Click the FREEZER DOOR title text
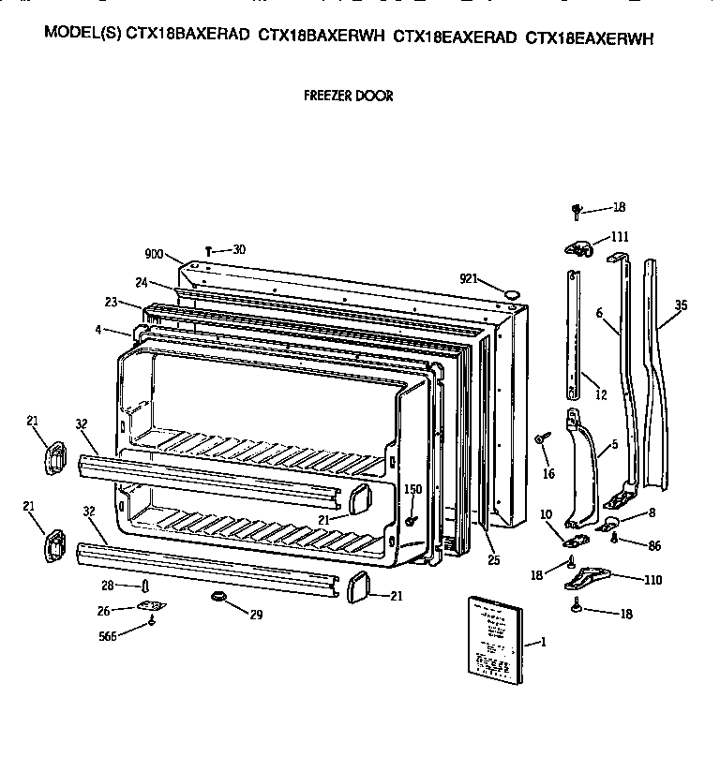(x=349, y=96)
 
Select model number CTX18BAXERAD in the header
(x=188, y=38)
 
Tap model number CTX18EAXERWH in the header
(x=590, y=38)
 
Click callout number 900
(x=154, y=254)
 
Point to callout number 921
(x=471, y=278)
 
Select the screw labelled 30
(x=208, y=250)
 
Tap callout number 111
(x=620, y=236)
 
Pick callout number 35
(x=681, y=304)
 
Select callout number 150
(x=412, y=490)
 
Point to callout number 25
(x=494, y=560)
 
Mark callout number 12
(x=600, y=395)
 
